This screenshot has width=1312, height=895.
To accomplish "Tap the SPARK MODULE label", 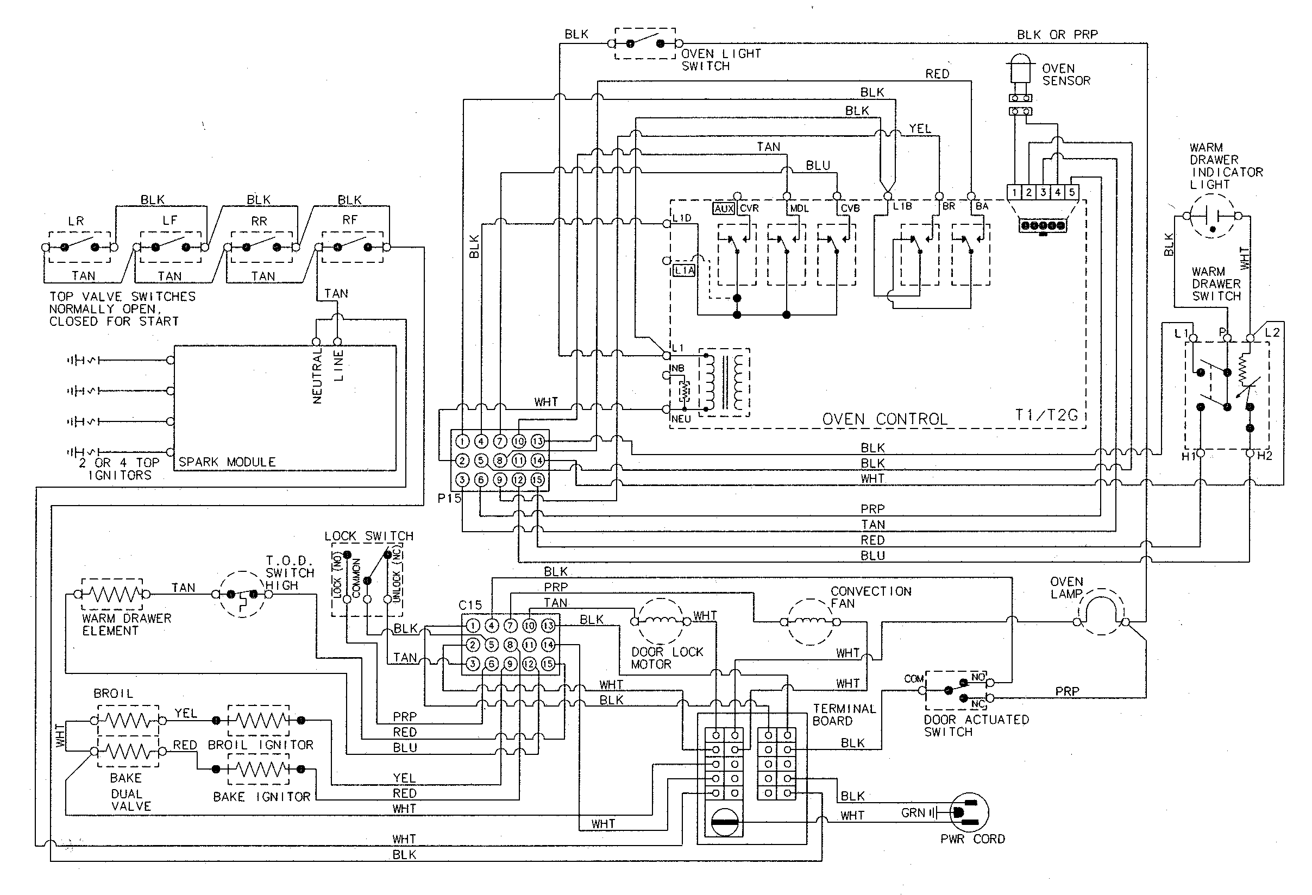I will pos(227,462).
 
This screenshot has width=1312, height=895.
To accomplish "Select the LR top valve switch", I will pos(80,247).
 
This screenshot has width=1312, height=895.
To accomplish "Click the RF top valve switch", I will pos(352,247).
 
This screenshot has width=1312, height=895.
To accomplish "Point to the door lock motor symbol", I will pos(661,621).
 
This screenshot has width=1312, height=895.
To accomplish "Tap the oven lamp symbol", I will pos(1101,612).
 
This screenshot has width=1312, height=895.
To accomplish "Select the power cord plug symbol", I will pos(969,812).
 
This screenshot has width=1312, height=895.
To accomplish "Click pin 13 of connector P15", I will pos(537,442).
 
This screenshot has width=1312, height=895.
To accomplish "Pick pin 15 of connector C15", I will pos(548,664).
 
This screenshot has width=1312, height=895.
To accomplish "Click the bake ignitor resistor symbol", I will pos(258,768).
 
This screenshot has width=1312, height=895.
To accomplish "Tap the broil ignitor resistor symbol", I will pos(258,720).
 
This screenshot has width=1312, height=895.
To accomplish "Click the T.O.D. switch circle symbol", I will pos(242,594).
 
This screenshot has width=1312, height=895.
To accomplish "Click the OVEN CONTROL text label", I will pos(884,419).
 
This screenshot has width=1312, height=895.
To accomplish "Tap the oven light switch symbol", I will pos(645,43).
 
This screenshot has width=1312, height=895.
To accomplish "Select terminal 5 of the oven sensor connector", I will pos(1071,192).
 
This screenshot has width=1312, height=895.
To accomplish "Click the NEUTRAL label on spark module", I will pos(317,375).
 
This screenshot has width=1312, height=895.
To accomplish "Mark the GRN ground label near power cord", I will pos(912,812).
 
